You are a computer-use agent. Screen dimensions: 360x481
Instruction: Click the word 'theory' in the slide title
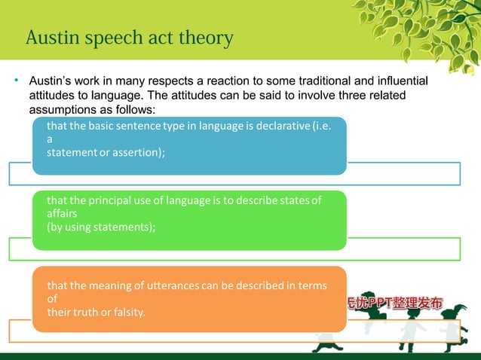tap(204, 38)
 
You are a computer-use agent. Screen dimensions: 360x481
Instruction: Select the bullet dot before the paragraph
tap(15, 80)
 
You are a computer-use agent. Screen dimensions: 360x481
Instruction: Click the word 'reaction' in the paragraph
tap(236, 81)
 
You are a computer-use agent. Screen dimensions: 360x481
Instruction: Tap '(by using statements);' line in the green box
tap(101, 227)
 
